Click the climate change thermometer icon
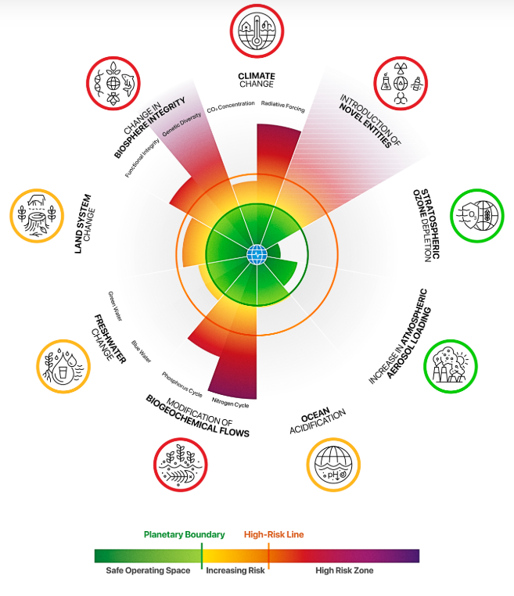[x=257, y=31]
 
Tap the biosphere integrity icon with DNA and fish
[x=113, y=83]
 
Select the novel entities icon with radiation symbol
[x=401, y=83]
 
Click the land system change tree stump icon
[x=37, y=216]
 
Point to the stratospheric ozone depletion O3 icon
[x=477, y=216]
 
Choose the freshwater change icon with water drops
[x=63, y=366]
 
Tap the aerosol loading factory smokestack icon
[x=451, y=366]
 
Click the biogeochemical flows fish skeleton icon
[x=181, y=465]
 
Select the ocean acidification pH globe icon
[x=333, y=465]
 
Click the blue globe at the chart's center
[x=257, y=255]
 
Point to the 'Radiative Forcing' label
[x=283, y=106]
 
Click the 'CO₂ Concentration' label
[x=231, y=107]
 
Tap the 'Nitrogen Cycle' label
[x=230, y=403]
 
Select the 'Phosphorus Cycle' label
[x=182, y=384]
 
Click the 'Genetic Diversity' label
[x=182, y=124]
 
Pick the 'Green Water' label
[x=115, y=307]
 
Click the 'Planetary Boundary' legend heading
[x=185, y=534]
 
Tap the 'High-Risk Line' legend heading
[x=274, y=534]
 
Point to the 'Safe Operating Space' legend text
[x=148, y=570]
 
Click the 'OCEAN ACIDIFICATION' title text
[x=317, y=421]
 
